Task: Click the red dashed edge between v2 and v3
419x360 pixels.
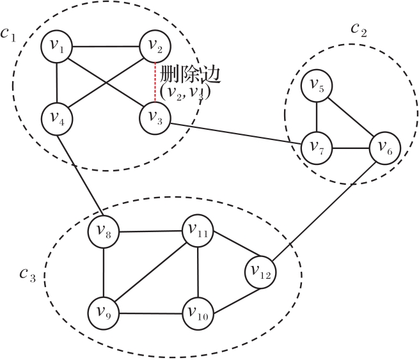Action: [x=155, y=82]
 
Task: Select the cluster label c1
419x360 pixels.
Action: [x=8, y=34]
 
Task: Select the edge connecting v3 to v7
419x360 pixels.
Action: [x=237, y=135]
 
